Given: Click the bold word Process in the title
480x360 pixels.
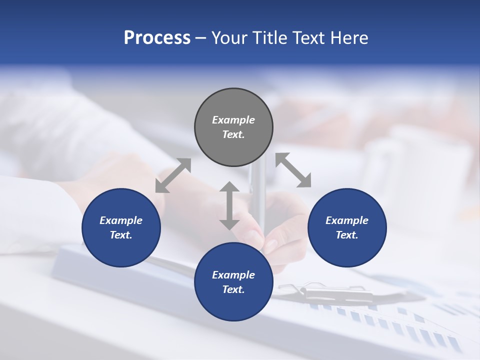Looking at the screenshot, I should click(157, 38).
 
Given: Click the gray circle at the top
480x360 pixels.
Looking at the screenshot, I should click(233, 127).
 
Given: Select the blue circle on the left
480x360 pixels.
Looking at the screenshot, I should click(121, 227).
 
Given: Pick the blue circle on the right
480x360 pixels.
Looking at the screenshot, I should click(347, 227).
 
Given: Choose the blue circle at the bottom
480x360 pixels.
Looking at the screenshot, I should click(233, 282).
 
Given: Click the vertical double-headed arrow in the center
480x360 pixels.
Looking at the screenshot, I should click(229, 205).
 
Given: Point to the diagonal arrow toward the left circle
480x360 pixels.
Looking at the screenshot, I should click(173, 175).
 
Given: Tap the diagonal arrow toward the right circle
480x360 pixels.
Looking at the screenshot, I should click(293, 170).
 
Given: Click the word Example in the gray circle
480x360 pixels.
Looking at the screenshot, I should click(233, 120).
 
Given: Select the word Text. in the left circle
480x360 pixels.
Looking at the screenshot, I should click(121, 235).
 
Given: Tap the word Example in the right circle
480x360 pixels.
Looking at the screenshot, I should click(347, 220).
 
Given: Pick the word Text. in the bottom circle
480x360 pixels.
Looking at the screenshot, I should click(233, 289).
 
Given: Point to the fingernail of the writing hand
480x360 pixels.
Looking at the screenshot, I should click(270, 245).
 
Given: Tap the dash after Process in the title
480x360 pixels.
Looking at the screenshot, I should click(201, 38).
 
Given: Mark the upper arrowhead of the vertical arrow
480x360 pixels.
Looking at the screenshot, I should click(229, 187).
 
